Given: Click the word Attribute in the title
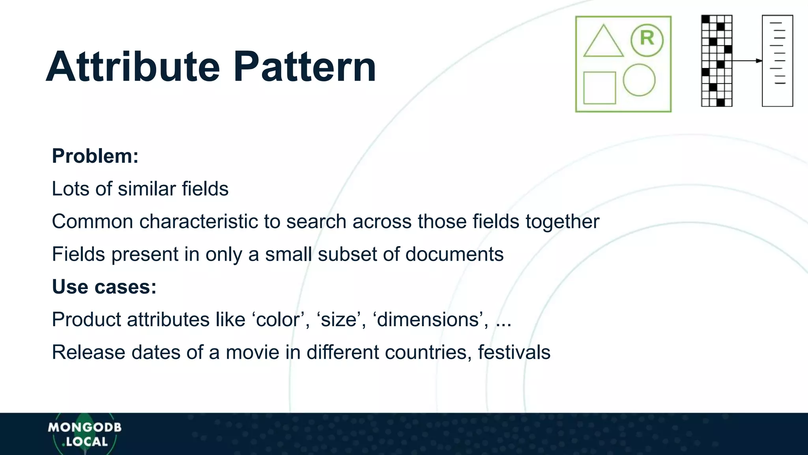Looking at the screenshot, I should [133, 67].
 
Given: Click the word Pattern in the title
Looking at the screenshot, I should [305, 67].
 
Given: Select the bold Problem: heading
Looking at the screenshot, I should [95, 156].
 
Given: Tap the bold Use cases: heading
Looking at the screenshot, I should [104, 287].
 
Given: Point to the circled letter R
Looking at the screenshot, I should [647, 39].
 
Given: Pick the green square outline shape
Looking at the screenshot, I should [599, 88].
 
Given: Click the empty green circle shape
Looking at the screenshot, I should [639, 80].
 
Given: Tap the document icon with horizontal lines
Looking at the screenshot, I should [777, 61].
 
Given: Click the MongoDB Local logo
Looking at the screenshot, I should [84, 434].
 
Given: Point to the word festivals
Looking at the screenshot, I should [514, 352].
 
